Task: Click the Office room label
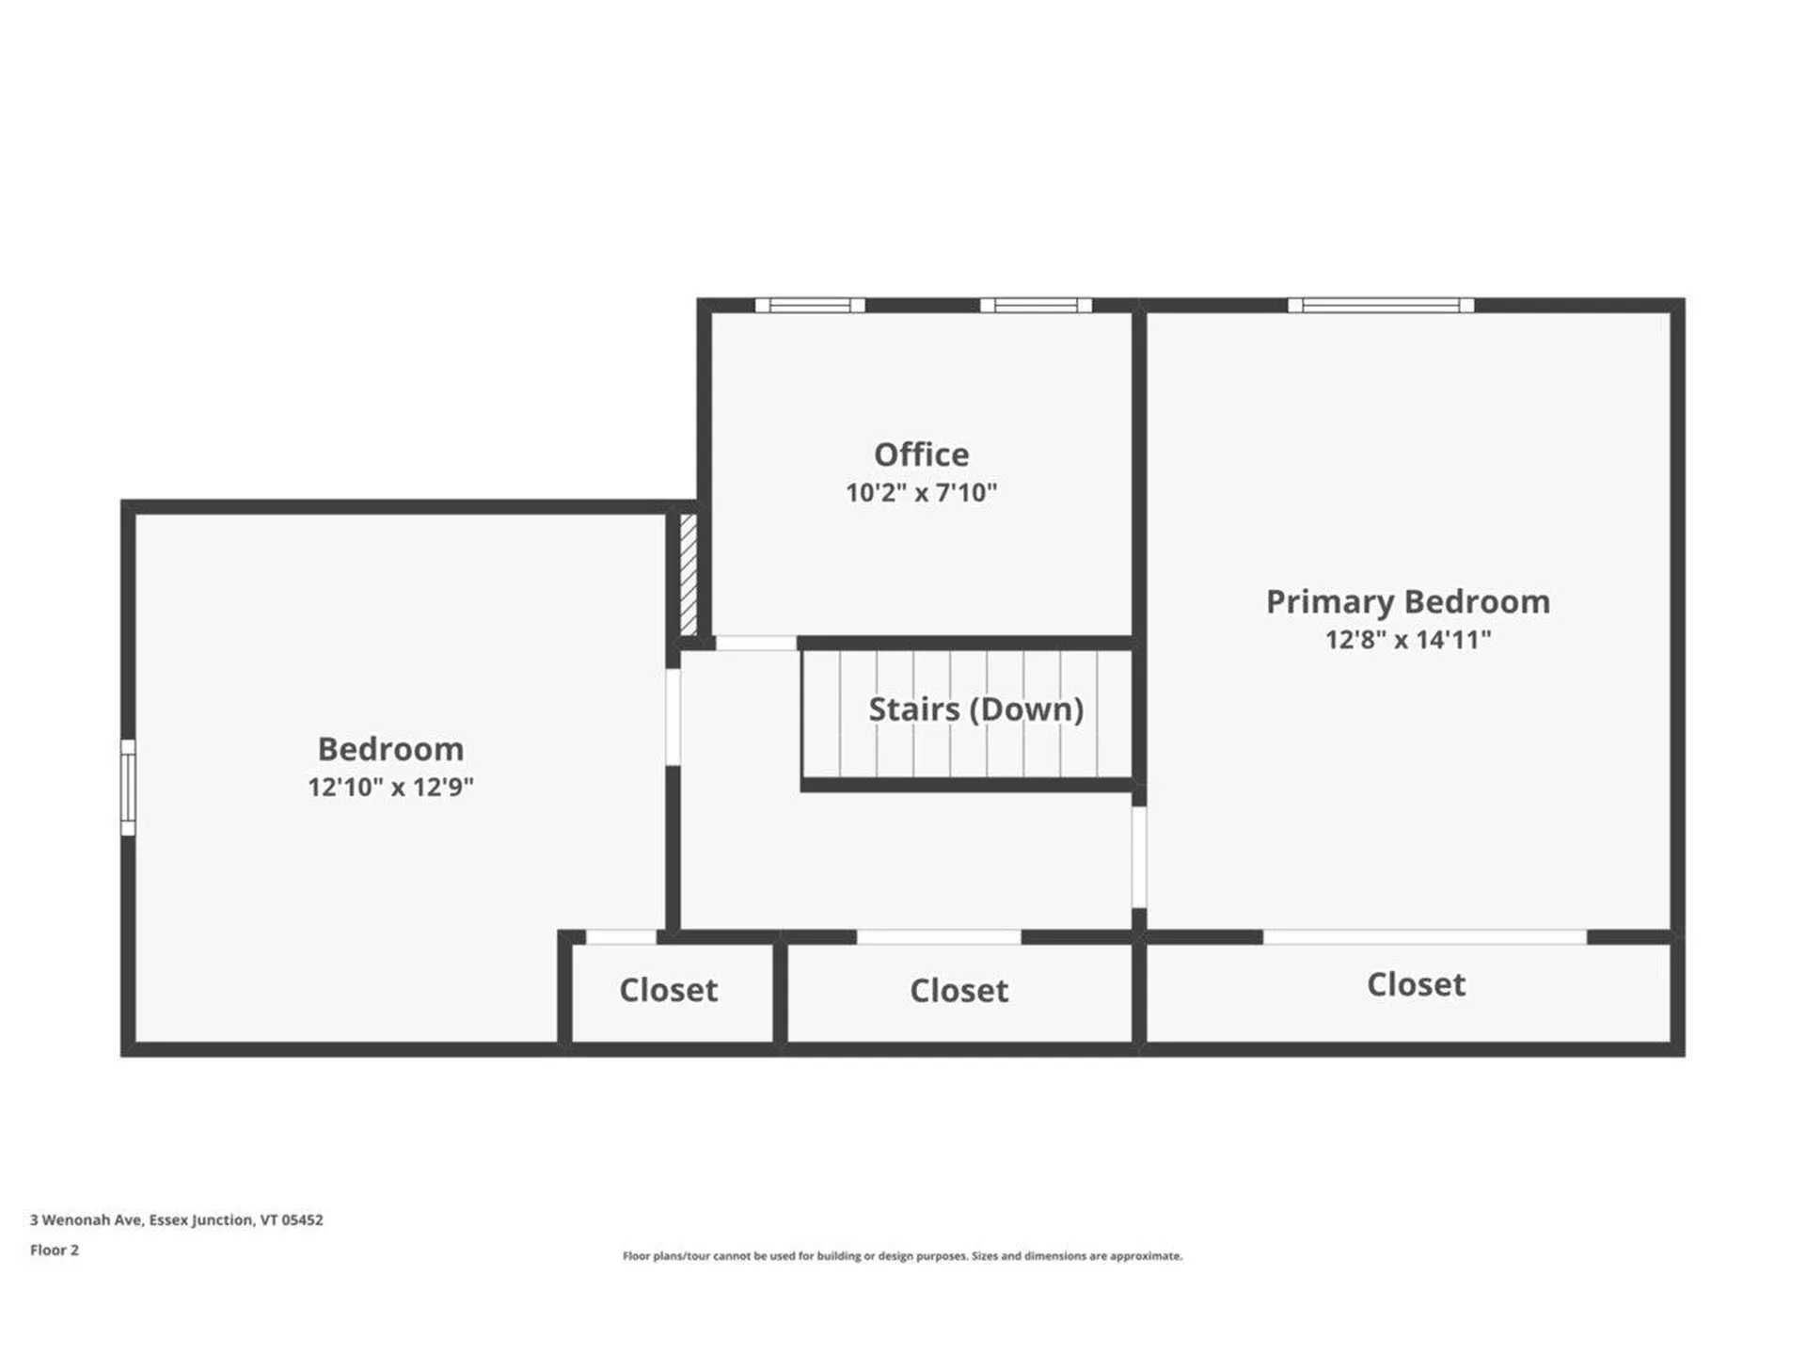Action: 921,454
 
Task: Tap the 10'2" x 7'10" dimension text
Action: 921,492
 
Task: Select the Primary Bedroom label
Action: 1408,602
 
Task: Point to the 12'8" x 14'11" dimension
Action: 1408,640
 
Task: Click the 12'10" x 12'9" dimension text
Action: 390,787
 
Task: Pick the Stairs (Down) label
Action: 975,709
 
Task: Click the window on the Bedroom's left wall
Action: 128,788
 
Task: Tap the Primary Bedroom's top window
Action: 1381,305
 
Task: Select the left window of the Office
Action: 810,305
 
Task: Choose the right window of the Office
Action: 1036,305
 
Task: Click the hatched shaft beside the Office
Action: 689,573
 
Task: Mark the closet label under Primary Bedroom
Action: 1416,984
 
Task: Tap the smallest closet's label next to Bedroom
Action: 668,990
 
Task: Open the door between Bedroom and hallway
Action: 673,717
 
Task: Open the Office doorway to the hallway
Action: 756,644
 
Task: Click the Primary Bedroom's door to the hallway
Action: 1139,857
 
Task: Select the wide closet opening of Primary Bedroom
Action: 1424,937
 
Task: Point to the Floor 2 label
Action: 55,1250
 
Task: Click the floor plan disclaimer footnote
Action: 902,1255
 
